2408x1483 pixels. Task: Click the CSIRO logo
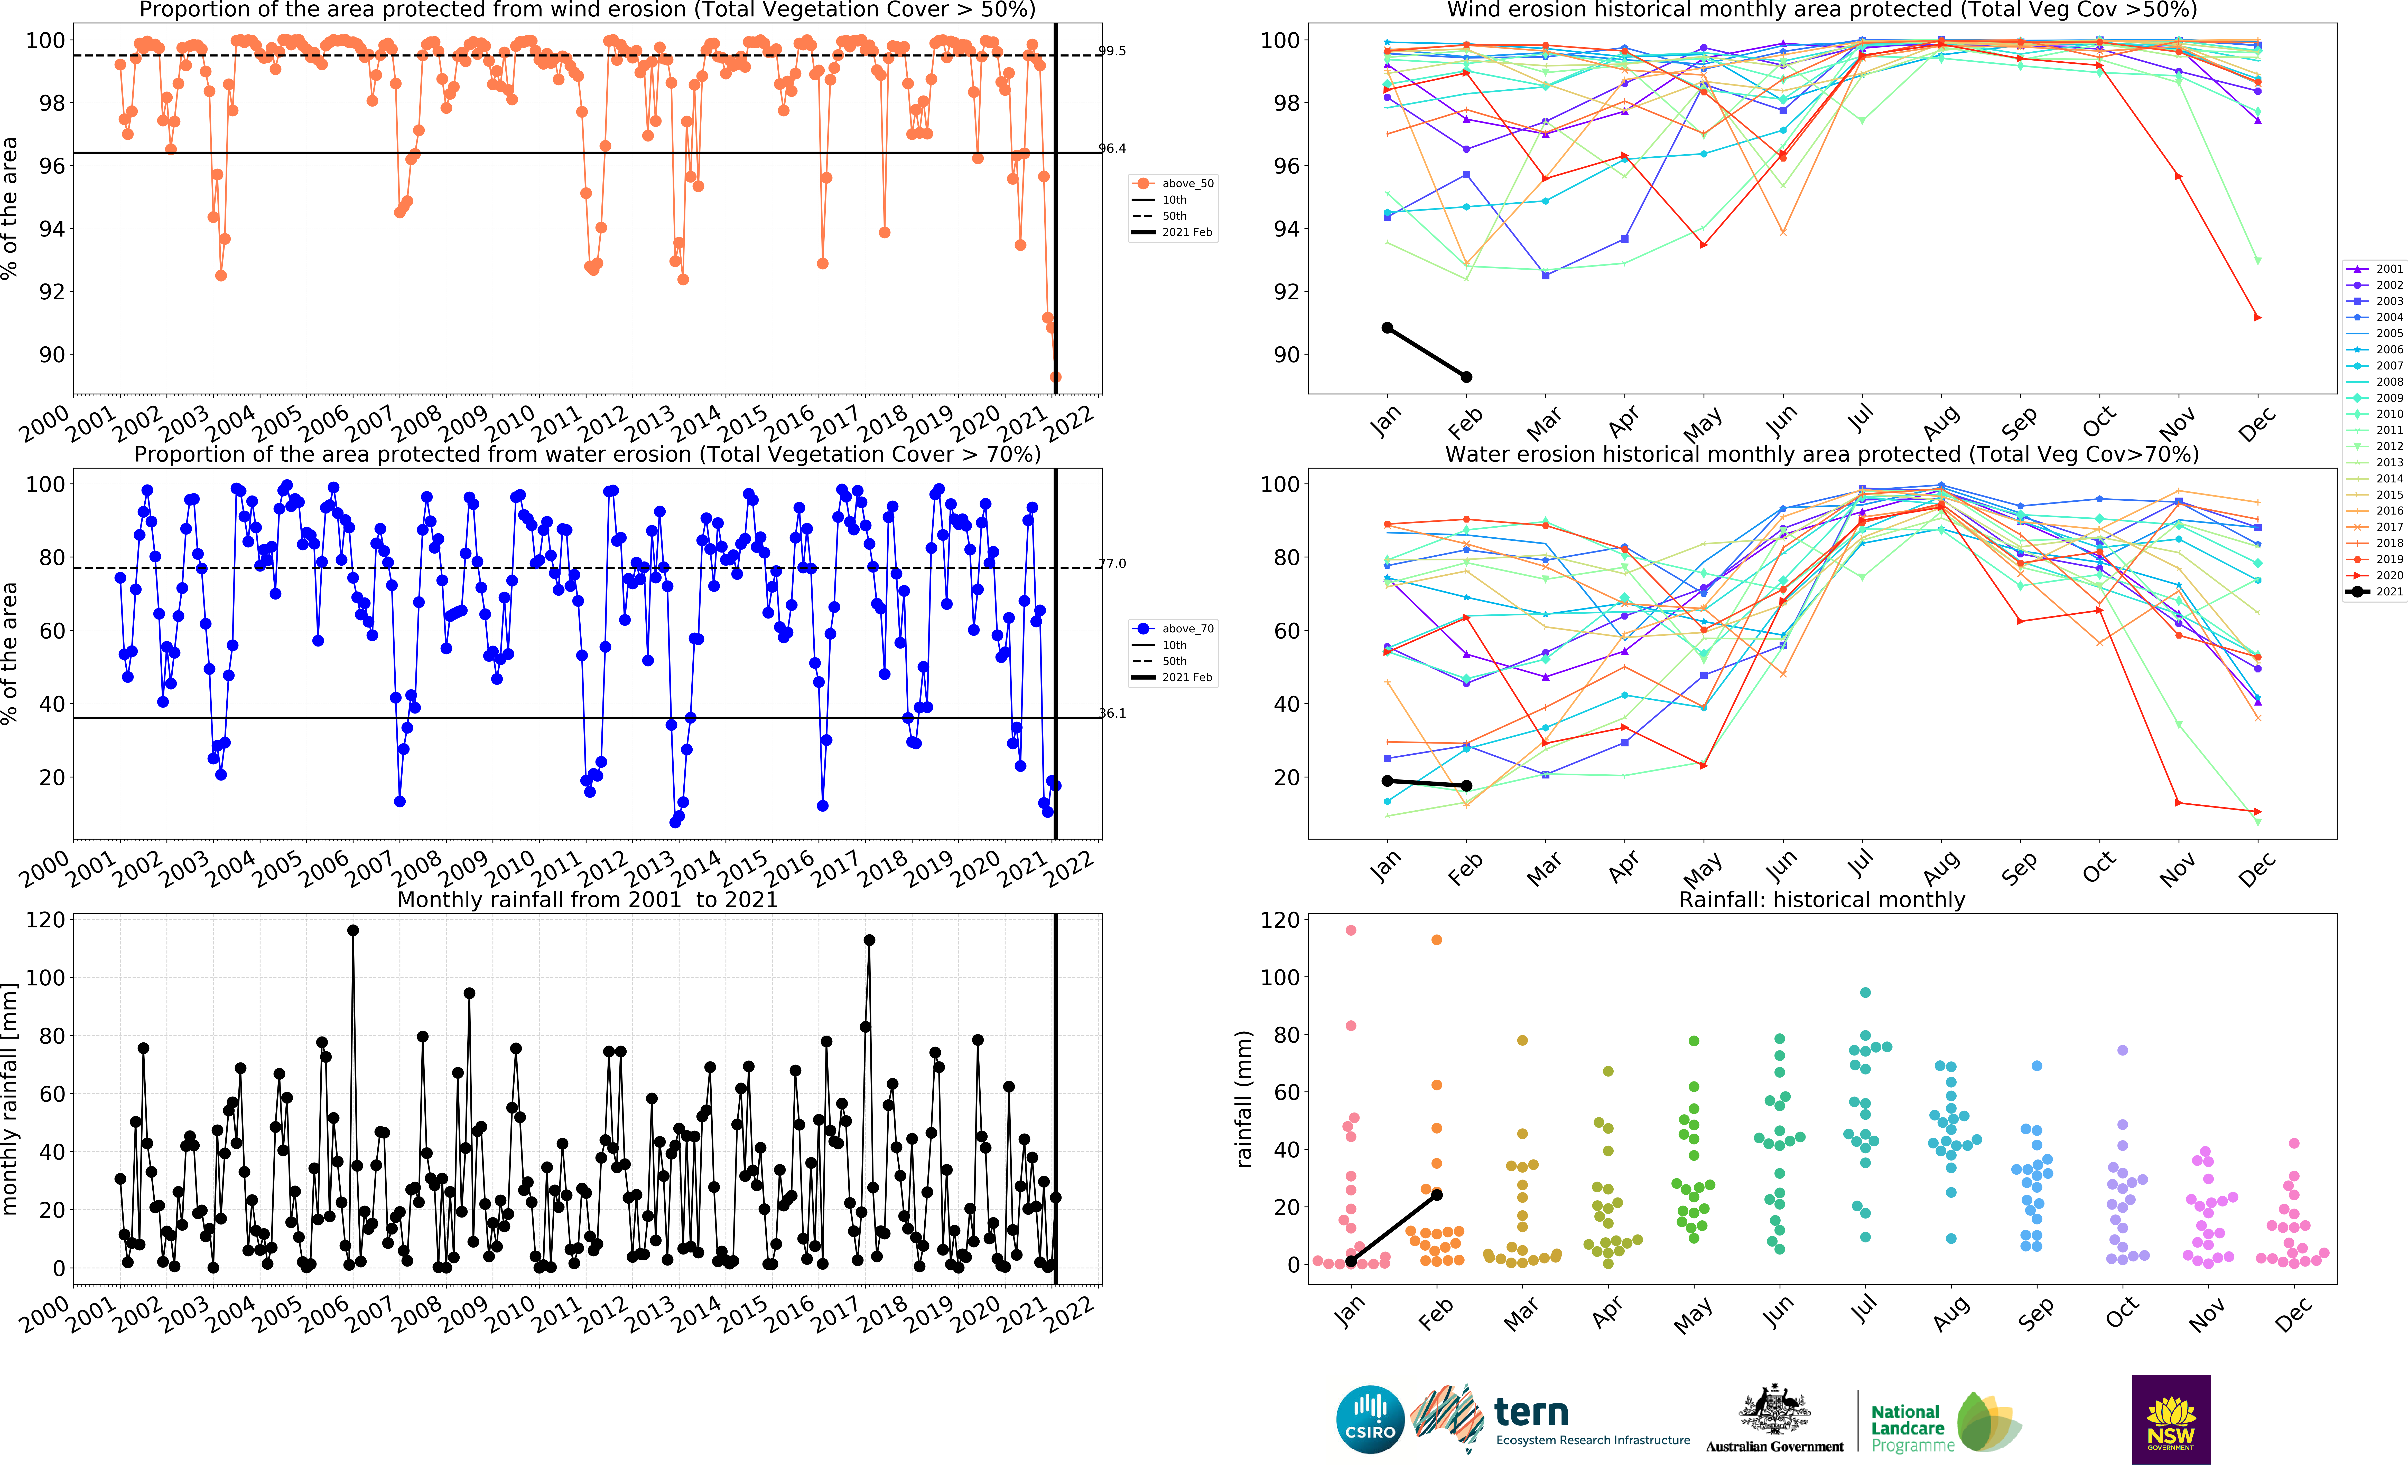tap(1370, 1419)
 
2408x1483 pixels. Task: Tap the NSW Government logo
tap(2171, 1419)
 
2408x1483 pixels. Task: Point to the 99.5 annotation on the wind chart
tap(1112, 51)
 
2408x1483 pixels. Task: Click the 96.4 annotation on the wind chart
tap(1112, 149)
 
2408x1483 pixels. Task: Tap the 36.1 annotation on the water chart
tap(1112, 713)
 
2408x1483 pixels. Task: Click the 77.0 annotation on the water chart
tap(1112, 564)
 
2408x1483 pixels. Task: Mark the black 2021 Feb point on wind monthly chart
tap(1466, 377)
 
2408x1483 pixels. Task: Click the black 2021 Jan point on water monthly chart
tap(1387, 781)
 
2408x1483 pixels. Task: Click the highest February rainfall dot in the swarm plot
tap(1437, 940)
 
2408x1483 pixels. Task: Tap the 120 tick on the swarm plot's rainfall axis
tap(1280, 920)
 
